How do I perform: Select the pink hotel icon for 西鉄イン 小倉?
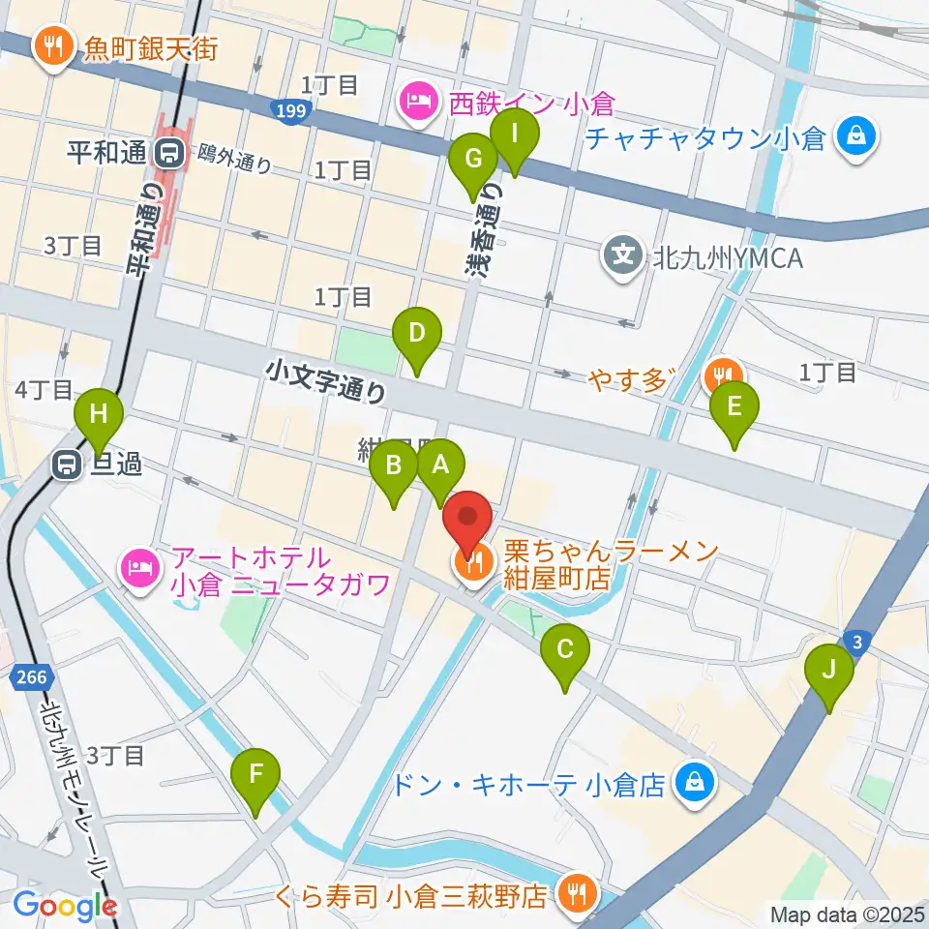418,100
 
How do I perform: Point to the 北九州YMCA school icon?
622,255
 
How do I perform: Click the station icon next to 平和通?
173,151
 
